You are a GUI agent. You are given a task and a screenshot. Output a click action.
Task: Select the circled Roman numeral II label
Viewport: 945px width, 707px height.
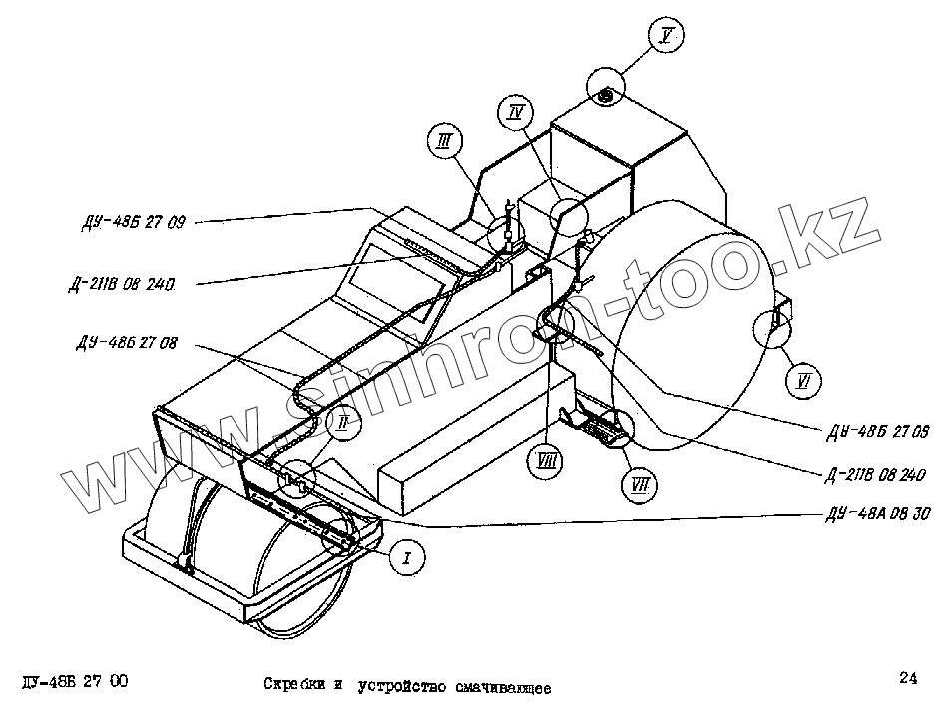tap(343, 423)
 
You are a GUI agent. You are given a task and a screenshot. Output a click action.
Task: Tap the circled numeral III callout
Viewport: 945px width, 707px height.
tap(443, 142)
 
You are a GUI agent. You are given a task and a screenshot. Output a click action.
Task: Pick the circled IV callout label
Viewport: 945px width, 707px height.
tap(516, 112)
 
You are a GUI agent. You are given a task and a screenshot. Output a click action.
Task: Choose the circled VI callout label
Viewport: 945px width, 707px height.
tap(803, 379)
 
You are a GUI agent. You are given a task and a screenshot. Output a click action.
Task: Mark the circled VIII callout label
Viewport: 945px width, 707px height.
tap(544, 460)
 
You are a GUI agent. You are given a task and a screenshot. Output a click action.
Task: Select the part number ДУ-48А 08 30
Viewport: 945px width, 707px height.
tap(878, 515)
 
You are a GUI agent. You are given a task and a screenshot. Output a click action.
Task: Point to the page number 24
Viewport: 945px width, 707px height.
tap(907, 679)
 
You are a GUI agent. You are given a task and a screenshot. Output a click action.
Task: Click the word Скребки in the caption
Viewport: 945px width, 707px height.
tap(293, 686)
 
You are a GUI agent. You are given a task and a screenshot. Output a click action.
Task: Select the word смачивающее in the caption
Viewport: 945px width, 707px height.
tap(500, 687)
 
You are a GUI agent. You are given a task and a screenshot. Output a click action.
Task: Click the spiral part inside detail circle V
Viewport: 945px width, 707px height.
tap(606, 95)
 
